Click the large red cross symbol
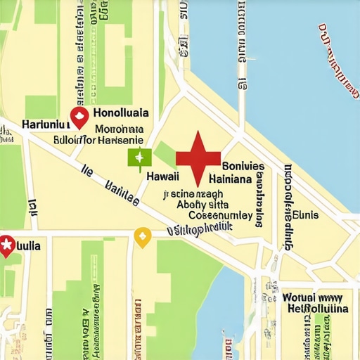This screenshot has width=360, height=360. [198, 155]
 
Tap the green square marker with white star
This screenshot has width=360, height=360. [139, 157]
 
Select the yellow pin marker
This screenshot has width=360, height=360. [143, 237]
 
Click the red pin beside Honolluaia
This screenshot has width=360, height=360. [79, 117]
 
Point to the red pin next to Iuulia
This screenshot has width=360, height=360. [7, 245]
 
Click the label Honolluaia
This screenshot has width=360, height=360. [121, 112]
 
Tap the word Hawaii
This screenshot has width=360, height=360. [162, 177]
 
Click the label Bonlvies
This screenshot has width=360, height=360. [243, 167]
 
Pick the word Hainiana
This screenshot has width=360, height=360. [231, 179]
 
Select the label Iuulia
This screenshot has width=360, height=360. [28, 246]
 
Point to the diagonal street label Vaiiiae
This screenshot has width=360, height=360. [121, 193]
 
